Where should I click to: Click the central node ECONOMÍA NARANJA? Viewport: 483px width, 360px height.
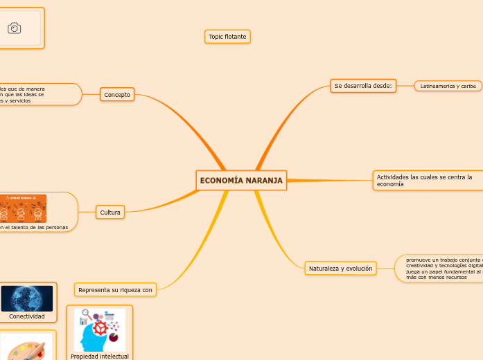pyautogui.click(x=241, y=180)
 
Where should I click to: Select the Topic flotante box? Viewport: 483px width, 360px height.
pyautogui.click(x=227, y=36)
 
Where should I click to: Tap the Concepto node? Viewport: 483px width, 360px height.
pyautogui.click(x=117, y=94)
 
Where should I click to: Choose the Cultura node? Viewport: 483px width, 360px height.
pyautogui.click(x=110, y=212)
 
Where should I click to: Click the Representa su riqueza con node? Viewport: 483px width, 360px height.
pyautogui.click(x=115, y=289)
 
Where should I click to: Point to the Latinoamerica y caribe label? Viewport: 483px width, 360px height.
pyautogui.click(x=448, y=86)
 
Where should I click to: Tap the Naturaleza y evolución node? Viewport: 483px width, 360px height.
pyautogui.click(x=340, y=268)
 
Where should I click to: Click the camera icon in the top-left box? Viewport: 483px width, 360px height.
pyautogui.click(x=14, y=28)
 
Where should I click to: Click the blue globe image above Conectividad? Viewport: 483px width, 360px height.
pyautogui.click(x=27, y=298)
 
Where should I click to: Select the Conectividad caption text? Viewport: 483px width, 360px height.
pyautogui.click(x=27, y=316)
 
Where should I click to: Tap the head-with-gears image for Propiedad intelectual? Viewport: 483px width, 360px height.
pyautogui.click(x=100, y=330)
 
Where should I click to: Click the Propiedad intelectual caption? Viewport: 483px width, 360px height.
pyautogui.click(x=100, y=356)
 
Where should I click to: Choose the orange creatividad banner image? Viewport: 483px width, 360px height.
pyautogui.click(x=23, y=208)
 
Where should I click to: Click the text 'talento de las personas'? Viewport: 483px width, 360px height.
pyautogui.click(x=38, y=227)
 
